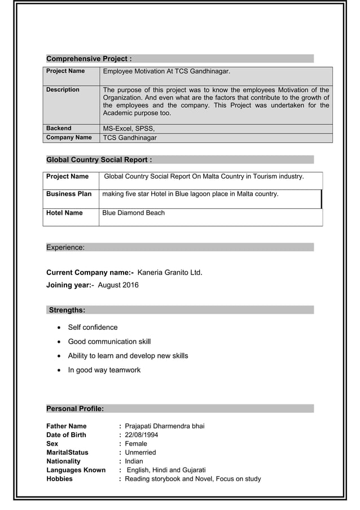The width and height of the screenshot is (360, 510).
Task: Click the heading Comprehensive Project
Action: pos(89,59)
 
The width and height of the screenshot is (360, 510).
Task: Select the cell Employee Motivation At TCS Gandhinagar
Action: pos(166,72)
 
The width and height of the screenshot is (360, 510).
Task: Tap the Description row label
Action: pos(63,90)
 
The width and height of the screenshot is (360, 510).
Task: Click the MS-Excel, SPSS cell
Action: pos(129,128)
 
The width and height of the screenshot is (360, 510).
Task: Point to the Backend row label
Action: pos(59,128)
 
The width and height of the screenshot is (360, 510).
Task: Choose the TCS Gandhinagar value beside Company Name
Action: pos(130,138)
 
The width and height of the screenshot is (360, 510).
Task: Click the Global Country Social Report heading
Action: pos(99,160)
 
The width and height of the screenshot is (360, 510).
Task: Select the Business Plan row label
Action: pos(69,194)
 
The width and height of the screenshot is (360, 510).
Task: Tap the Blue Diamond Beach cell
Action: pos(134,213)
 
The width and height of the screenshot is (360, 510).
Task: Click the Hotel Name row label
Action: pos(64,213)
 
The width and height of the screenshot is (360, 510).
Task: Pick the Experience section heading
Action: pos(65,247)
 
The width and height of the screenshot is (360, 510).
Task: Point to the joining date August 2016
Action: pos(118,285)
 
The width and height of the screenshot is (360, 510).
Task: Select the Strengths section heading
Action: pos(67,310)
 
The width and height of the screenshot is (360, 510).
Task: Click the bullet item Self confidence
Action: pos(93,328)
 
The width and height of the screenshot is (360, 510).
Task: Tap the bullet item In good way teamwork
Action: pos(104,370)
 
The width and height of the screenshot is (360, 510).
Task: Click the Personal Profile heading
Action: pos(74,408)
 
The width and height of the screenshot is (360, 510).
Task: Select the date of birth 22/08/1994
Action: pos(142,435)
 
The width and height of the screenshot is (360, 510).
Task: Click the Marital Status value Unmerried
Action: pos(141,452)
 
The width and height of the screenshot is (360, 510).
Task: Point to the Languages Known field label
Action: pos(76,470)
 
